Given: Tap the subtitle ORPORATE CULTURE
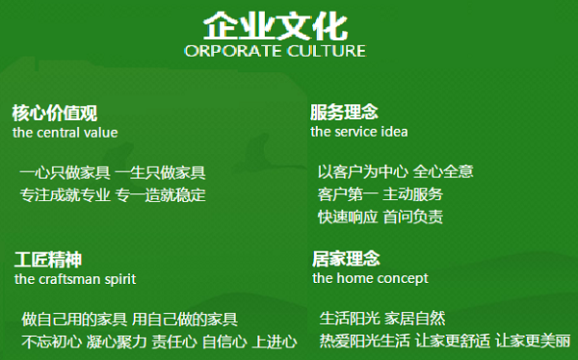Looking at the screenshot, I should pos(275,50).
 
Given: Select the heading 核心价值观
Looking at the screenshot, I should pos(54,112).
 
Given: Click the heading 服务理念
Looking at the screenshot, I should pos(344,112).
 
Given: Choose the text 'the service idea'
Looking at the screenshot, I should pos(358,131).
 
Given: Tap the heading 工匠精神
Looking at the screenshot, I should pos(47,260).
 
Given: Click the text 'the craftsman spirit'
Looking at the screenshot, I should pos(75,279).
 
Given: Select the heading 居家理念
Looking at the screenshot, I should pos(346,259).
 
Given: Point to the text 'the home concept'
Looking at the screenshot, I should pos(370,278).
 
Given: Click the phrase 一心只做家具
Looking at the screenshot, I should pos(64,173).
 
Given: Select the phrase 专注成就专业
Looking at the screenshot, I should pos(65,195).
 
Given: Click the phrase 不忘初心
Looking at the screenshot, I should pos(51,342).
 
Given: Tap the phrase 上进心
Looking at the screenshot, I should pos(275,342).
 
